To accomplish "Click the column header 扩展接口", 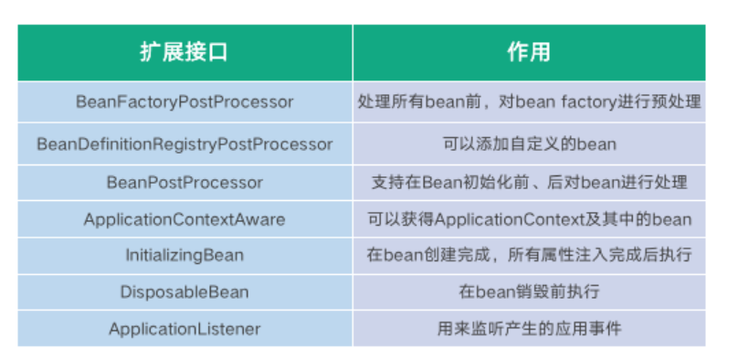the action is (x=184, y=52).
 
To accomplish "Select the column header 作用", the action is (x=529, y=52).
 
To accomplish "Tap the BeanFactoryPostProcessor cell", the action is (x=184, y=102).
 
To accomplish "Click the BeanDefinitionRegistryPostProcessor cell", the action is (x=184, y=144).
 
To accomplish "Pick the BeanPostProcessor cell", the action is (x=184, y=183).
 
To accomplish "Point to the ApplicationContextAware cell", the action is (x=184, y=219).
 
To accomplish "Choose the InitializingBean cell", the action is (x=184, y=256).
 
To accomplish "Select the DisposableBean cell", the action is (x=184, y=292).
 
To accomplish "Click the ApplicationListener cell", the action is (x=184, y=329).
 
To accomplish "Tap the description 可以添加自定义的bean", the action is (x=529, y=144).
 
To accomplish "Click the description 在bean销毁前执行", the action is (x=529, y=292).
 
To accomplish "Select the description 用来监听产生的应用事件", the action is (x=529, y=329).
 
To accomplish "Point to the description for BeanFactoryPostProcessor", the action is (x=529, y=102).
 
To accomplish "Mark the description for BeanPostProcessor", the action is (x=529, y=183).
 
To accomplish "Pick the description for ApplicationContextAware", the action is (x=529, y=219).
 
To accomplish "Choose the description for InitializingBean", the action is (x=529, y=256).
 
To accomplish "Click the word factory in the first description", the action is (x=589, y=102).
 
